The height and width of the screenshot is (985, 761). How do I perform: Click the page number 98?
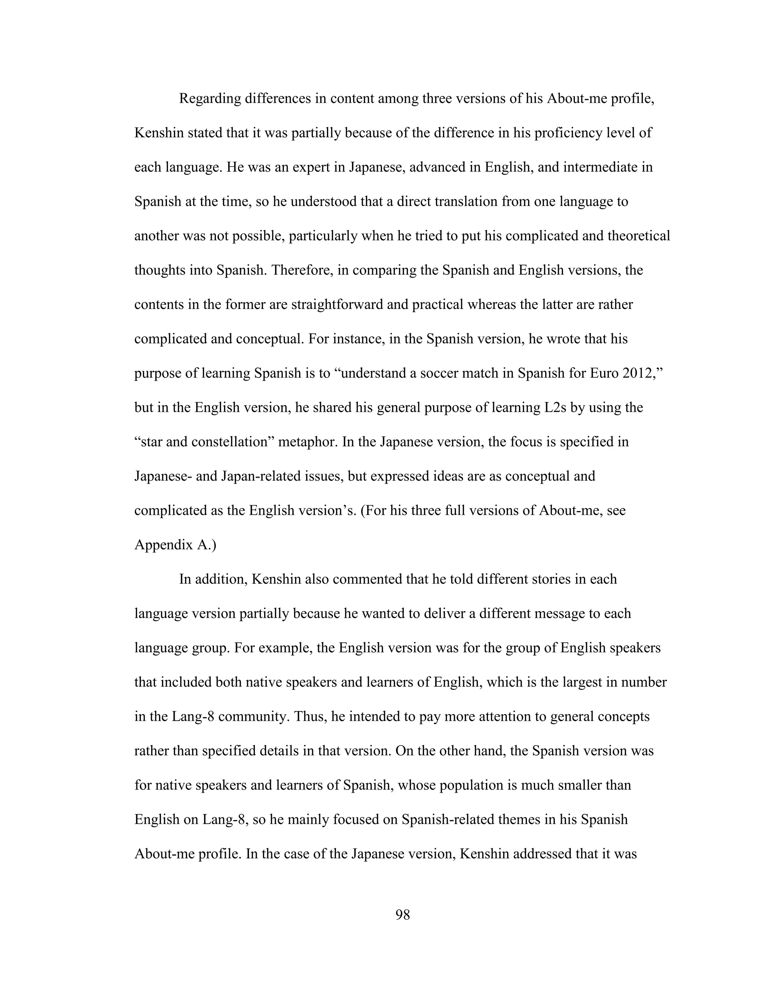click(402, 915)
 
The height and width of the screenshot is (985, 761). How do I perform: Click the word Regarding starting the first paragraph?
click(210, 99)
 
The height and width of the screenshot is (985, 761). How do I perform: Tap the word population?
click(471, 785)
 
